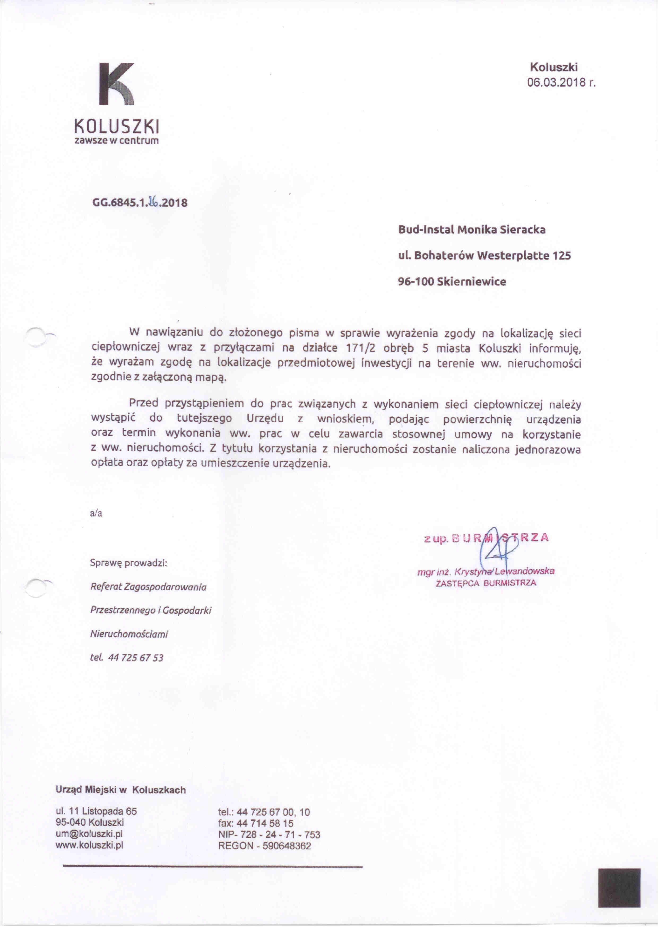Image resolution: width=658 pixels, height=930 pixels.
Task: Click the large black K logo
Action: click(x=117, y=84)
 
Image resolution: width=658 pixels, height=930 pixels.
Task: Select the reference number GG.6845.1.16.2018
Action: click(x=140, y=203)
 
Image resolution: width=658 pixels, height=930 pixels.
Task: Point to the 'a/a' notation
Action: click(x=96, y=514)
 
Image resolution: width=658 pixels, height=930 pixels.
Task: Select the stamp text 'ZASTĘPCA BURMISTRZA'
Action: click(x=486, y=583)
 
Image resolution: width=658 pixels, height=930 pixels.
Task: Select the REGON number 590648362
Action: click(x=287, y=835)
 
